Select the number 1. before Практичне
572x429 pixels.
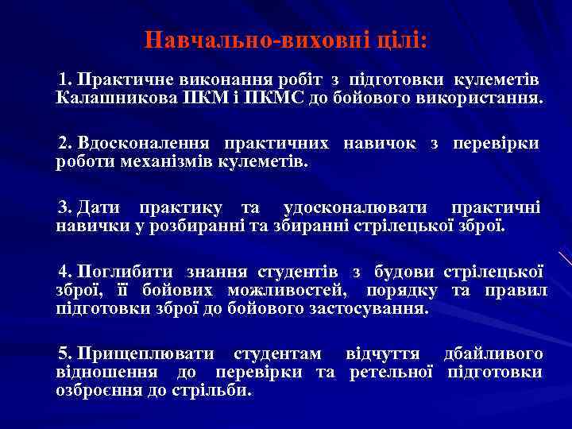[64, 80]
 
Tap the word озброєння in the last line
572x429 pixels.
[98, 391]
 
